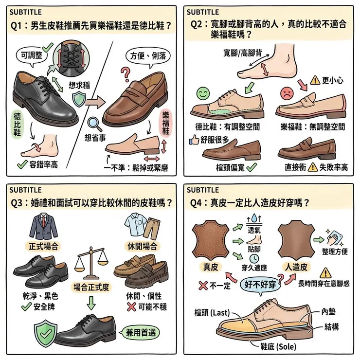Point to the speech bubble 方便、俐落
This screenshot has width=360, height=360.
pos(148,56)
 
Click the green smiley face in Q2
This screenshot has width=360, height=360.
pos(203,93)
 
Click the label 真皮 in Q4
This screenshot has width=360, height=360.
pos(212,267)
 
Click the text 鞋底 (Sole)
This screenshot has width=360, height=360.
pos(275,346)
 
